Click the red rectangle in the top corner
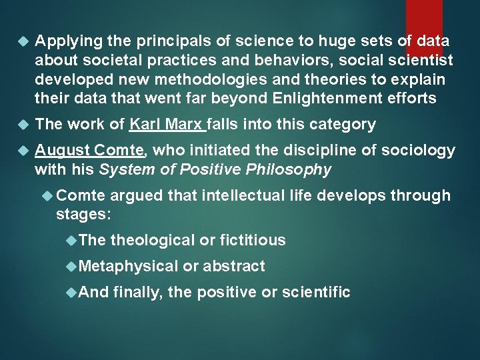coord(424,27)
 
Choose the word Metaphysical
coord(128,266)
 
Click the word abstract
coord(233,266)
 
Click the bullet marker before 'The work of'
coord(24,125)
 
